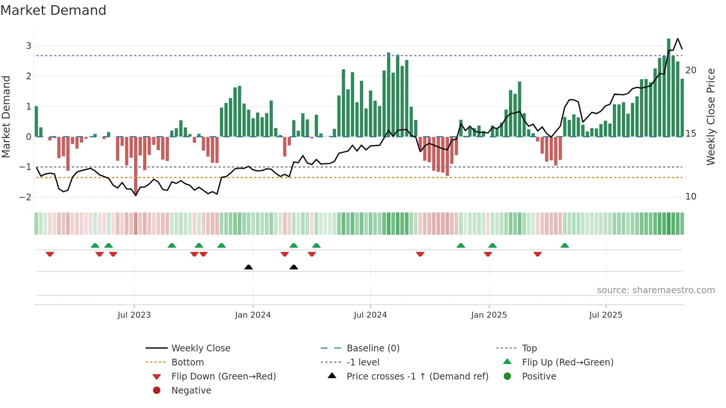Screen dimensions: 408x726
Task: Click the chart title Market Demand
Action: (53, 10)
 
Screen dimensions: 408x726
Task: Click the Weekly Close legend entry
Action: (200, 348)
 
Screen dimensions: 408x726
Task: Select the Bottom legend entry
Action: (187, 362)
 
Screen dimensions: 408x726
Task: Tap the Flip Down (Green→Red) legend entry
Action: (223, 376)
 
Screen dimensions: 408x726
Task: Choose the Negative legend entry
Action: (191, 390)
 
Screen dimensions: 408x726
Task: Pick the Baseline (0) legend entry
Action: (373, 348)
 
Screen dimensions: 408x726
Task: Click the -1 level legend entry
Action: (363, 362)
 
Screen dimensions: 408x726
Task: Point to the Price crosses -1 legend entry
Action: (417, 376)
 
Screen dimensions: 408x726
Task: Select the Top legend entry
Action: (529, 348)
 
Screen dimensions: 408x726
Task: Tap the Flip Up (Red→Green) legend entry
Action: (567, 362)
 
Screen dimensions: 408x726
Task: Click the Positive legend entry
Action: (539, 376)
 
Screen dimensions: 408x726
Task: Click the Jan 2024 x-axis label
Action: (253, 315)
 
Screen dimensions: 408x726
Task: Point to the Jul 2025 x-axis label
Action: (606, 315)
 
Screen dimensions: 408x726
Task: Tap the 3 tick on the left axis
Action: (29, 46)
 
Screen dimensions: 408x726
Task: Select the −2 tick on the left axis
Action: (26, 197)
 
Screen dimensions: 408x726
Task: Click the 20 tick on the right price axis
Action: (690, 70)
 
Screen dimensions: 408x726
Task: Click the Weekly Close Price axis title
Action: (710, 117)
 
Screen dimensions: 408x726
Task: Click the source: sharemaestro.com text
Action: (656, 290)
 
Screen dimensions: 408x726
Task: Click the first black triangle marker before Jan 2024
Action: (249, 267)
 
